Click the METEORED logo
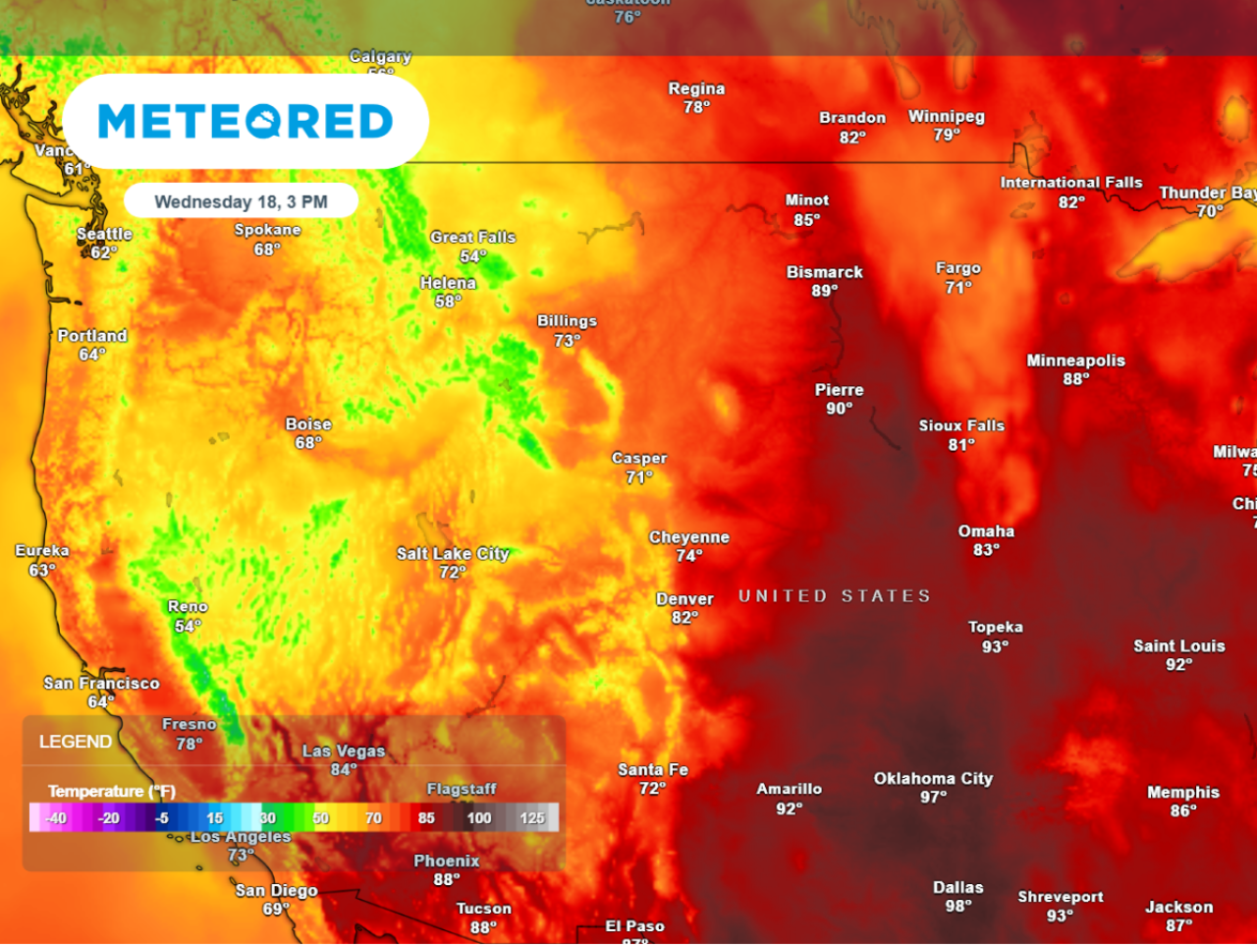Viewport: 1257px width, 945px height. [x=246, y=122]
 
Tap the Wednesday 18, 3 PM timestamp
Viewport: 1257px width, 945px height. [x=241, y=201]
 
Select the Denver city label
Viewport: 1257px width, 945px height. [x=684, y=599]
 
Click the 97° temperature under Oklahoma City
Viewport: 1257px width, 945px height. [x=933, y=797]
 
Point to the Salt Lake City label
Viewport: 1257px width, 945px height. [x=453, y=554]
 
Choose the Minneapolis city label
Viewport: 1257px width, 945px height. [x=1075, y=361]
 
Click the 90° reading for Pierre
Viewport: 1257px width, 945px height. [x=839, y=409]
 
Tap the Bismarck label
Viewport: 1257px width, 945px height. [x=824, y=272]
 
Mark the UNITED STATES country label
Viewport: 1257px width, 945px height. [x=834, y=596]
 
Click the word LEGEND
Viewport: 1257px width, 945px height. [x=75, y=742]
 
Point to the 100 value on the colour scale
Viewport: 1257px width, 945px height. [x=479, y=817]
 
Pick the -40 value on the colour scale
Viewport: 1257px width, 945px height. [x=56, y=817]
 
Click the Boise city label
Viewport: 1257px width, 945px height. [x=308, y=424]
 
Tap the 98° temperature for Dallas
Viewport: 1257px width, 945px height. [x=957, y=906]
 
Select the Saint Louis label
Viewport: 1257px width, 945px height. [x=1178, y=646]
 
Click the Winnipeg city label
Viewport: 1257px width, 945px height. [x=946, y=117]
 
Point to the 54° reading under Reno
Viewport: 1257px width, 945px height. [x=188, y=626]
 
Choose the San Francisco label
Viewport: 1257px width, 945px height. [x=101, y=683]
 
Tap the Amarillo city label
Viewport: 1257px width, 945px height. [x=789, y=789]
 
